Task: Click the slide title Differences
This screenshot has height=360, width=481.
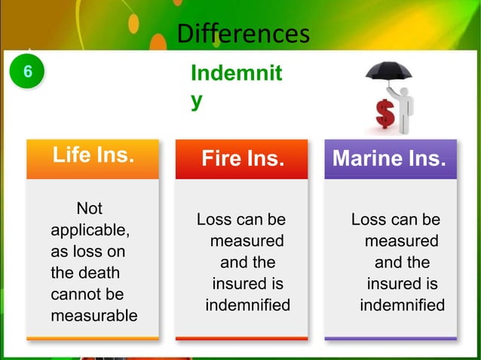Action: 242,33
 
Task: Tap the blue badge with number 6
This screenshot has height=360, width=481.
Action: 28,73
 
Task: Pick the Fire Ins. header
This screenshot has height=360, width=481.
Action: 242,160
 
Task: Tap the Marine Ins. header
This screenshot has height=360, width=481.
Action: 389,160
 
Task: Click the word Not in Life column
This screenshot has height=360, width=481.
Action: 90,208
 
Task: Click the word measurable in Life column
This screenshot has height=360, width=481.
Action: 93,315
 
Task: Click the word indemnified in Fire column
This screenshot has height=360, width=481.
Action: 247,306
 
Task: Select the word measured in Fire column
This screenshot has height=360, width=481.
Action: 247,242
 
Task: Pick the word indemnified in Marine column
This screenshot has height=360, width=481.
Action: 402,306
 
